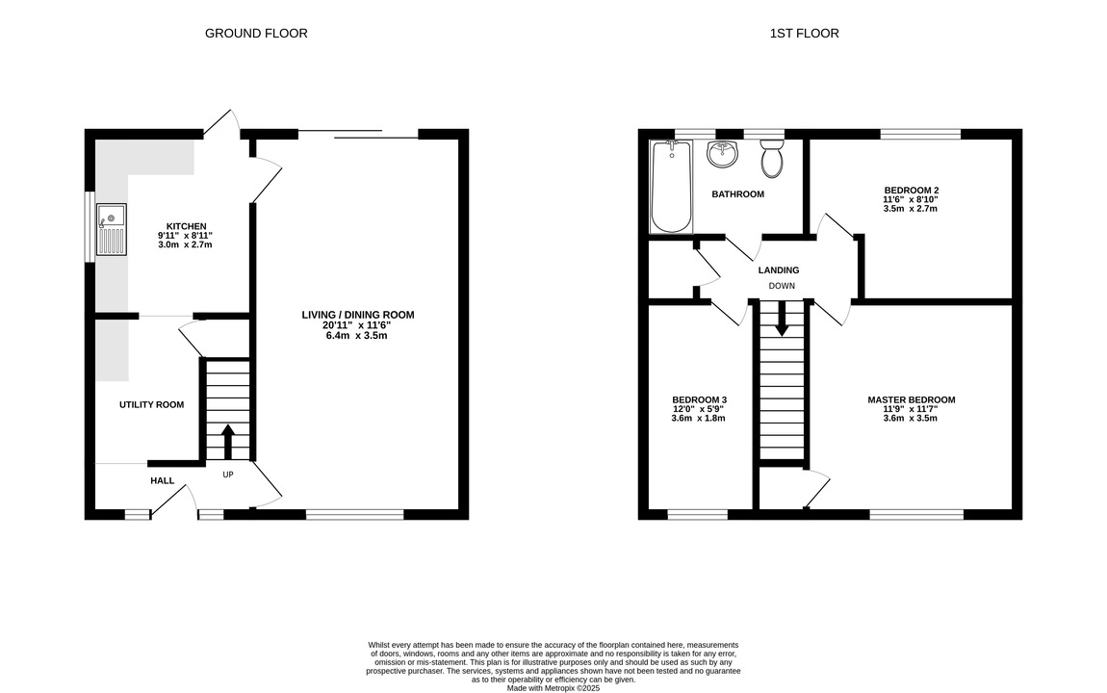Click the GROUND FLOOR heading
point(256,33)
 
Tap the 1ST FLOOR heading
point(804,33)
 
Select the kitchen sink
point(112,229)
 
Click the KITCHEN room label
point(187,226)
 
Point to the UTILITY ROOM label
point(152,404)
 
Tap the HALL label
point(163,480)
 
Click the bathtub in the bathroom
point(671,187)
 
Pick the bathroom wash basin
point(722,154)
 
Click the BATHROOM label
point(737,194)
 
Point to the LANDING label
point(779,270)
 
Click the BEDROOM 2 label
point(912,191)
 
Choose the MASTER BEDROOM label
point(912,400)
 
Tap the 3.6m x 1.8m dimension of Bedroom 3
point(698,418)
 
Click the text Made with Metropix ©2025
point(553,688)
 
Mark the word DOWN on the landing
point(782,286)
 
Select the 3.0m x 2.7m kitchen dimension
point(185,244)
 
